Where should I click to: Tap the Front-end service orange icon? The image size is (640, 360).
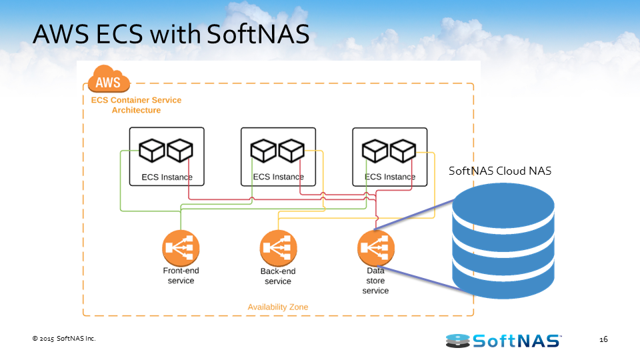pyautogui.click(x=181, y=249)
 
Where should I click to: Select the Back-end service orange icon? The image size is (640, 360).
pyautogui.click(x=278, y=249)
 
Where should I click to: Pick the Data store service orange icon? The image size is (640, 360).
pyautogui.click(x=375, y=249)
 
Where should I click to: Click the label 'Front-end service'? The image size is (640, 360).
pyautogui.click(x=181, y=276)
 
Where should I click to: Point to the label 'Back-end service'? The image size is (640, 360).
pyautogui.click(x=278, y=277)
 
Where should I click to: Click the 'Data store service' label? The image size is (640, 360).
pyautogui.click(x=375, y=281)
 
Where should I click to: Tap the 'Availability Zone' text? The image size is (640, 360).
pyautogui.click(x=277, y=307)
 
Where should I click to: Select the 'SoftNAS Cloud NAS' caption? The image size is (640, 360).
pyautogui.click(x=500, y=171)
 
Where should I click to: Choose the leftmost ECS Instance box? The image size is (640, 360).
pyautogui.click(x=167, y=157)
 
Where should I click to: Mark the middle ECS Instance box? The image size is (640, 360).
pyautogui.click(x=278, y=157)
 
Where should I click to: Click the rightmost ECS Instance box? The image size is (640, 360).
pyautogui.click(x=390, y=157)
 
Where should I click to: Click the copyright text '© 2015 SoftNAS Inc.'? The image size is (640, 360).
pyautogui.click(x=64, y=339)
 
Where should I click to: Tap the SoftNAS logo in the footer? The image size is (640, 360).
pyautogui.click(x=503, y=341)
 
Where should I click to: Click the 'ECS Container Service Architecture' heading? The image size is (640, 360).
pyautogui.click(x=136, y=105)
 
